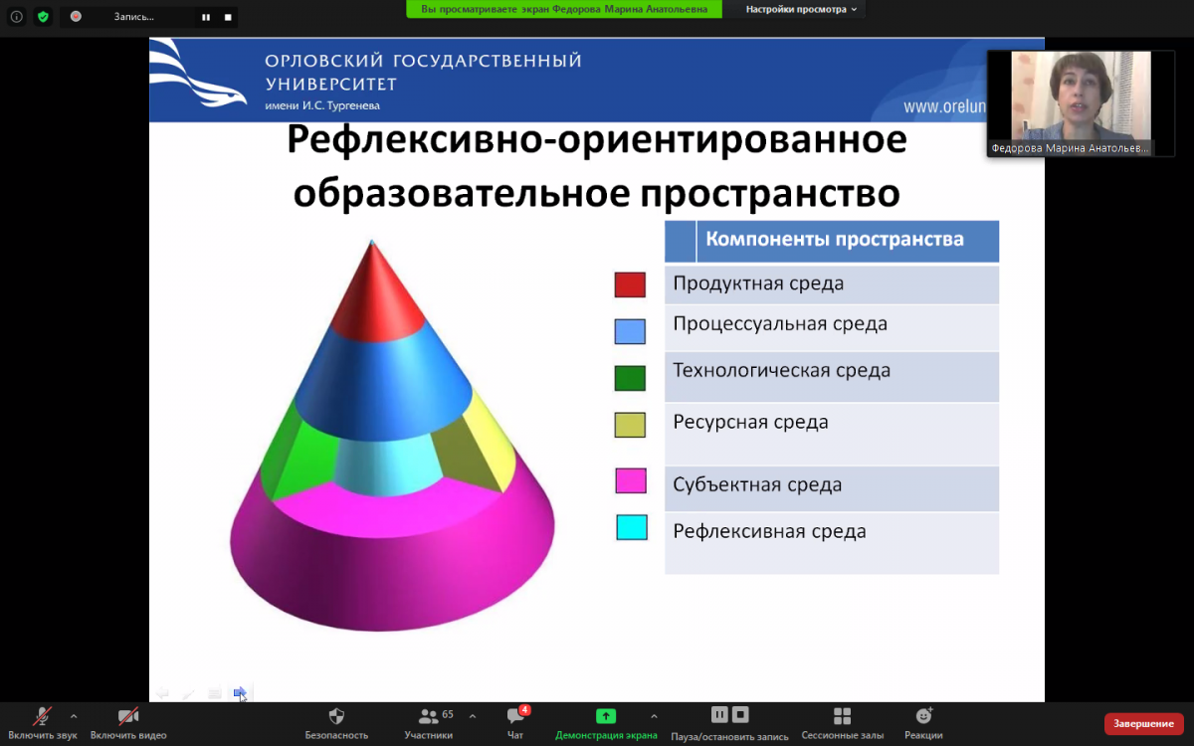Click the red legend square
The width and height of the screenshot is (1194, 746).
(630, 284)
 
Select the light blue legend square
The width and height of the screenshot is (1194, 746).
(630, 331)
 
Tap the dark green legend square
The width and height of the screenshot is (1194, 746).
(630, 378)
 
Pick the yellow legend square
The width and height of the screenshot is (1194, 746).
(630, 425)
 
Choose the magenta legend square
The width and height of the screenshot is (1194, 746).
(631, 480)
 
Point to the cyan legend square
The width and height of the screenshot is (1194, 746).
(632, 527)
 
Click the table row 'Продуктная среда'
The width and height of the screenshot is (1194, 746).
(832, 284)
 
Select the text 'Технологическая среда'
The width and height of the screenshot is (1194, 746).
(781, 370)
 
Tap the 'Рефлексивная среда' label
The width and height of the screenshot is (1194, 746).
(769, 531)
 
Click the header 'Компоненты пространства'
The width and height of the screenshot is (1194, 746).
(835, 240)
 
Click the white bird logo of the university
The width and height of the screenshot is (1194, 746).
(198, 74)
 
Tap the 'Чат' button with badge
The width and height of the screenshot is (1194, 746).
(515, 722)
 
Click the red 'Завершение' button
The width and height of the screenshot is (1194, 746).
(1143, 724)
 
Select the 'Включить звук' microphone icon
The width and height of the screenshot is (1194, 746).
(42, 717)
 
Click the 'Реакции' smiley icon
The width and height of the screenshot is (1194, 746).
(923, 715)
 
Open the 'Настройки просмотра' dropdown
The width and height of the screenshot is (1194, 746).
(801, 9)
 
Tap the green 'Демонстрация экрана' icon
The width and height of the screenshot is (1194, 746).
(606, 716)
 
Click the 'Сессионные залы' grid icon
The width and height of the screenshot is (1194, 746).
(842, 716)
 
